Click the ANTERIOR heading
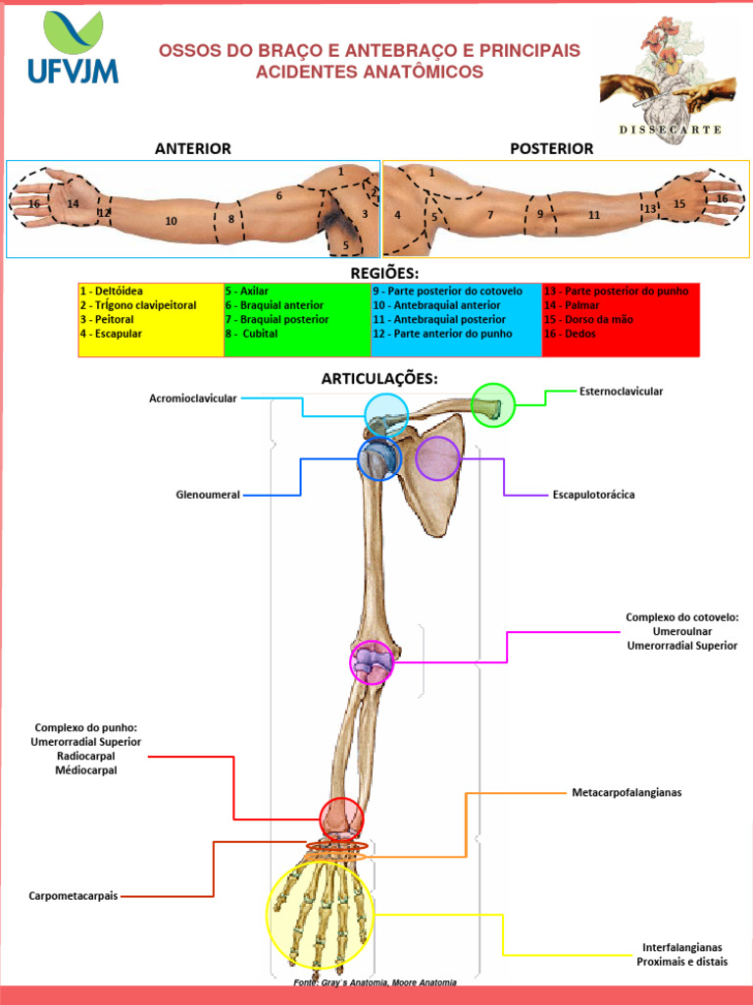coord(192,148)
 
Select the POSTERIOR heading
coord(551,148)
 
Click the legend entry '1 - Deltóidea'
coord(112,291)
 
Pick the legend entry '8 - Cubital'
coord(252,334)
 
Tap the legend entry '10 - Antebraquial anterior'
coord(436,305)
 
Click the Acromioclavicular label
coord(192,397)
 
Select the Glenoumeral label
coord(208,495)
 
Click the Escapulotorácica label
coord(593,495)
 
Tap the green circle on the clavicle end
coord(492,404)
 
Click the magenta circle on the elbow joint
coord(372,662)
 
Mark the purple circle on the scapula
coord(437,457)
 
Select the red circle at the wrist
coord(341,819)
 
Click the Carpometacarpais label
coord(74,896)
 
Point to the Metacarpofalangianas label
coord(627,792)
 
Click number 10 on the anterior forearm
coord(172,221)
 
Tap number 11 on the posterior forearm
coord(594,214)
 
